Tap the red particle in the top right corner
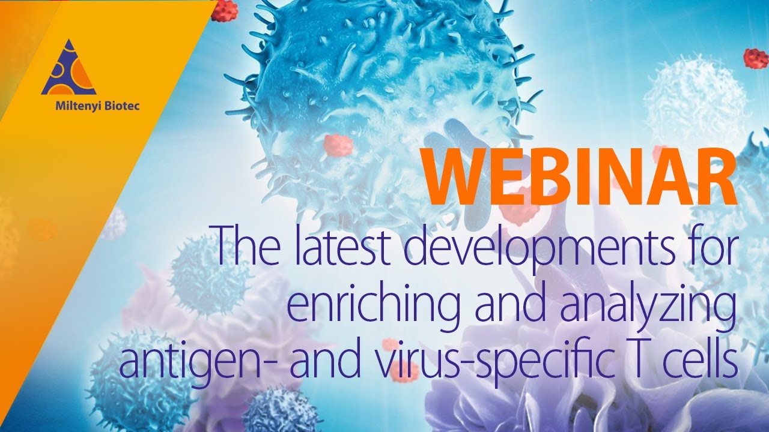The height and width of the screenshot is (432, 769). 756,58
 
